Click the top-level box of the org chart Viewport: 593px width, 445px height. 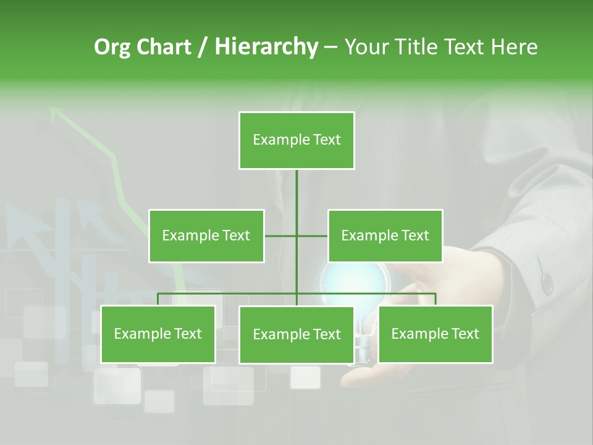point(296,140)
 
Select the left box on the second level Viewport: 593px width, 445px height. point(206,235)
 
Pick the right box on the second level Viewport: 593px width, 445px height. point(385,235)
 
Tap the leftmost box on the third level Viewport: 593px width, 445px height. point(158,334)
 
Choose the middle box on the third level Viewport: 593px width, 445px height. point(296,334)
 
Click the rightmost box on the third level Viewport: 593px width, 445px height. point(435,334)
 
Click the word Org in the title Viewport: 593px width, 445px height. point(112,47)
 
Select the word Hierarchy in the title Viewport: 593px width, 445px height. point(266,47)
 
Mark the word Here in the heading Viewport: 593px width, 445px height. point(514,47)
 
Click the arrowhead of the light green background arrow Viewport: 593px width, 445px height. point(57,113)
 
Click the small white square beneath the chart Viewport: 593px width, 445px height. point(305,377)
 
